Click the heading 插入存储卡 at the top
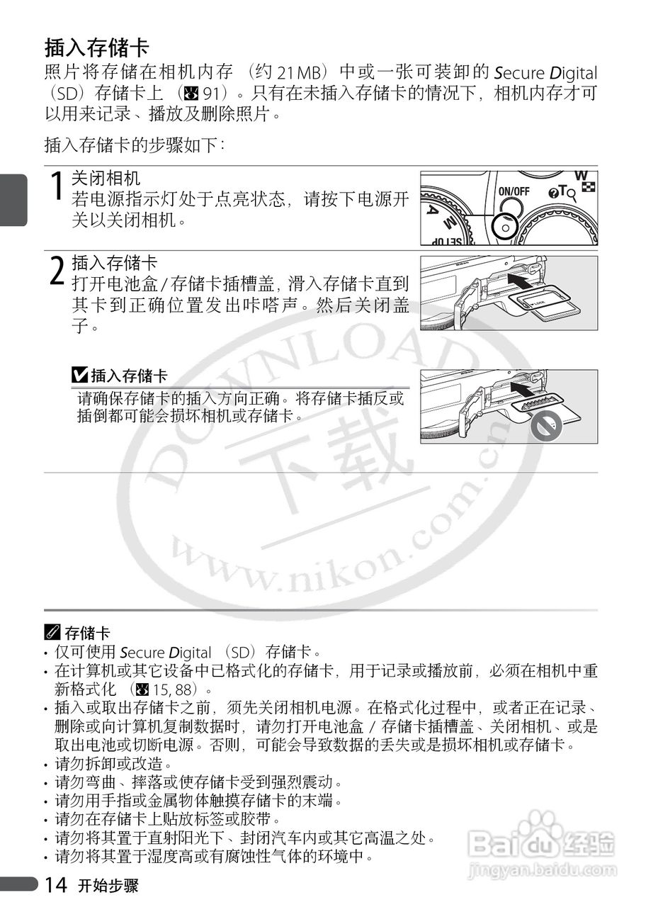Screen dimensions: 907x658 pyautogui.click(x=97, y=47)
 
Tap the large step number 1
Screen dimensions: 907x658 pyautogui.click(x=57, y=188)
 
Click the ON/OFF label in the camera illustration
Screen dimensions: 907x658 pyautogui.click(x=514, y=191)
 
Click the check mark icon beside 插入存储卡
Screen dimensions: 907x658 pyautogui.click(x=79, y=375)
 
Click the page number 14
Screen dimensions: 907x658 pyautogui.click(x=56, y=884)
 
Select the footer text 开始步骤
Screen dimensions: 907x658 pyautogui.click(x=108, y=886)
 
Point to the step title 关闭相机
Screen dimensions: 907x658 pyautogui.click(x=106, y=179)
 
